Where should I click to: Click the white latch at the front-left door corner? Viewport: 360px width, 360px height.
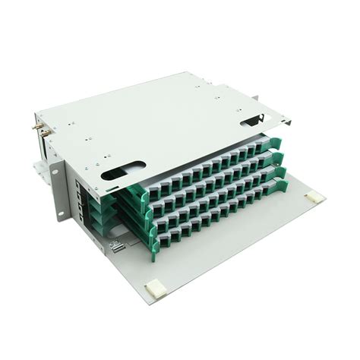pos(156,288)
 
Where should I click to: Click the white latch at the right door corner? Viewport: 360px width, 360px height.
pos(312,197)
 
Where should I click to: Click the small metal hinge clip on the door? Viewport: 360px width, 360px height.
pos(117,246)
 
